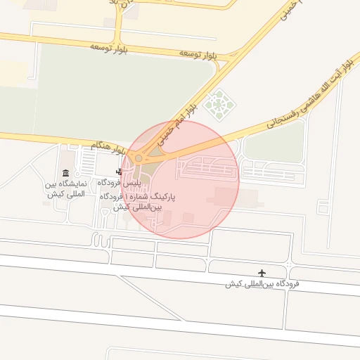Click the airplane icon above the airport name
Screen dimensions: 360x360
(x=263, y=273)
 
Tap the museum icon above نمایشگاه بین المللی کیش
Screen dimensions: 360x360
(x=65, y=174)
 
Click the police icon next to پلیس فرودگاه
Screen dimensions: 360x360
(x=119, y=172)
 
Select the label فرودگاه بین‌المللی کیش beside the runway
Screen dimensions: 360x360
(x=262, y=284)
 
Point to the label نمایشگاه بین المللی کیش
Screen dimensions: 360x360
(x=65, y=188)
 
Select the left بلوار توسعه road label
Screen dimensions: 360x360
(x=106, y=46)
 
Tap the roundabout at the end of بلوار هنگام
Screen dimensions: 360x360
(x=139, y=159)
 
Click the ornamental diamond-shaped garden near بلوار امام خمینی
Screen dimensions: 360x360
(x=217, y=104)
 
